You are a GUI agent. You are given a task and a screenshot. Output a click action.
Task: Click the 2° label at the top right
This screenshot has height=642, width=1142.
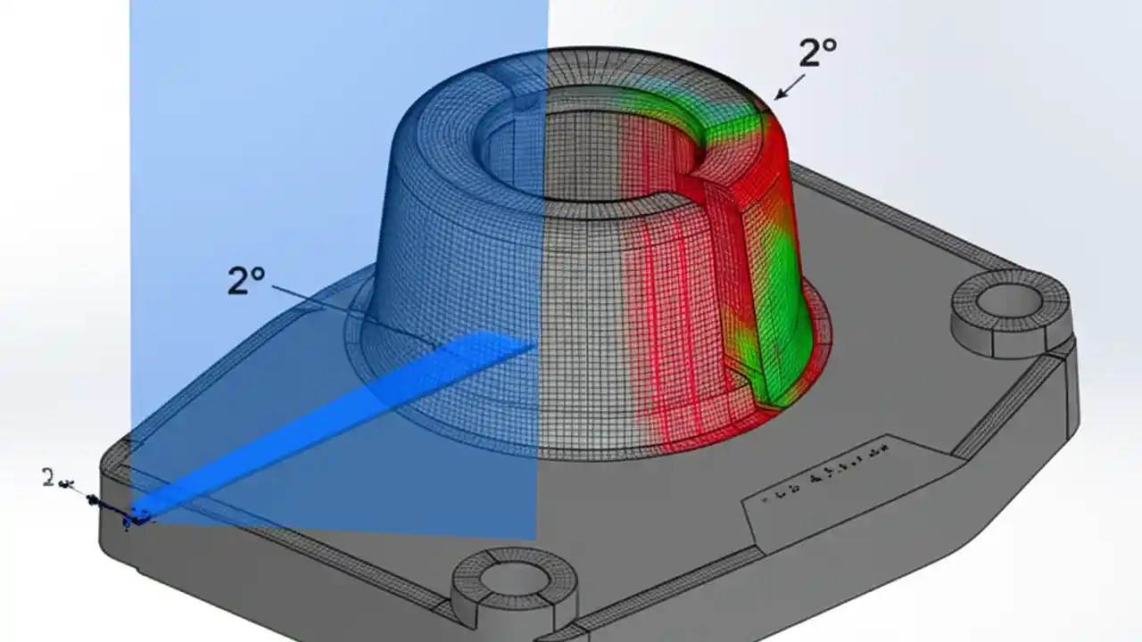pyautogui.click(x=816, y=54)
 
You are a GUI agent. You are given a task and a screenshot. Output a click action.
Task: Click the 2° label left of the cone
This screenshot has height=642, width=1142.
pyautogui.click(x=246, y=282)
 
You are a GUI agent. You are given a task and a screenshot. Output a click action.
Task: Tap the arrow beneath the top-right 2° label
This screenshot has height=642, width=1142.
pyautogui.click(x=789, y=87)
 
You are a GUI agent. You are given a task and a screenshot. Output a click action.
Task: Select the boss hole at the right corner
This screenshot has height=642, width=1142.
pyautogui.click(x=1011, y=302)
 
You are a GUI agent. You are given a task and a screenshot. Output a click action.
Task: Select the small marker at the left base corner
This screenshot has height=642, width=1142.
pyautogui.click(x=138, y=514)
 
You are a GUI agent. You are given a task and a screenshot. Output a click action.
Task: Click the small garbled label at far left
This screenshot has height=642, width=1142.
pyautogui.click(x=55, y=480)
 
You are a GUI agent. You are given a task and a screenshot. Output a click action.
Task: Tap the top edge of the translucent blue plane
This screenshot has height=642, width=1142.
pyautogui.click(x=339, y=3)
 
